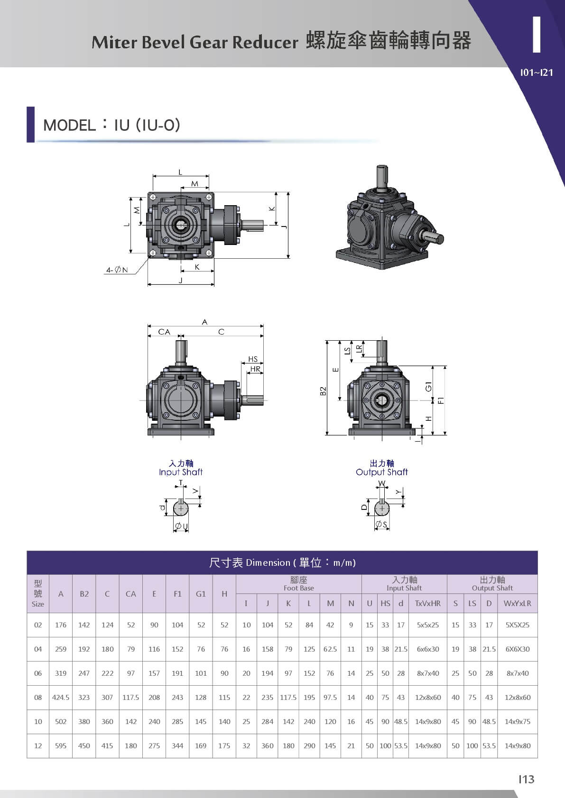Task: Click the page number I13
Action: pos(527,779)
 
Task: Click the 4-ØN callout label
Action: pos(117,270)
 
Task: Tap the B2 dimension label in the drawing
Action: pos(323,391)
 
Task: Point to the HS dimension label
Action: pos(253,359)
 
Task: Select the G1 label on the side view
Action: pos(429,386)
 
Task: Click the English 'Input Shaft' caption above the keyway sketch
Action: pos(181,472)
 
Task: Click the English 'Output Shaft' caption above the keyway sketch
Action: pos(382,472)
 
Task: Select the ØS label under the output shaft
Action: pos(381,524)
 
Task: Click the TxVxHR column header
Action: pos(428,604)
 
